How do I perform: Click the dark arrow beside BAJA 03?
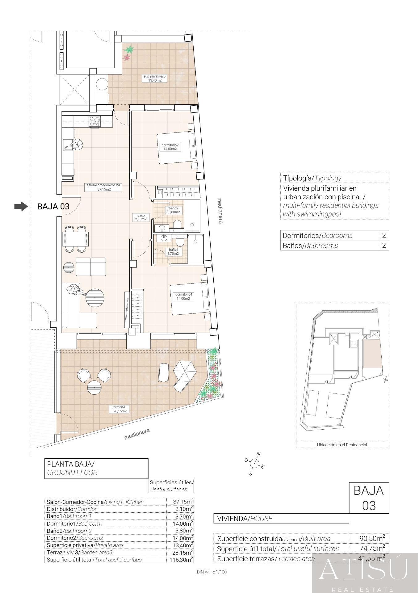click(x=21, y=206)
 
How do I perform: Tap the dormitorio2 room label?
click(x=170, y=147)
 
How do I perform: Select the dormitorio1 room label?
click(x=183, y=296)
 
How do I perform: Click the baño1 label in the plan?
click(x=173, y=252)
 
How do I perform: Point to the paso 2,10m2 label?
click(x=140, y=217)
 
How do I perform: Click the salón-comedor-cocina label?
click(x=103, y=187)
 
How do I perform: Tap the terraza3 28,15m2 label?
click(x=118, y=409)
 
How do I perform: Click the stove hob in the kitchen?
click(x=95, y=121)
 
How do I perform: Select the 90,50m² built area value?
click(x=372, y=538)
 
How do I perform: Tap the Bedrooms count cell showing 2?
click(x=384, y=235)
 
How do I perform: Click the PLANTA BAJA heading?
click(x=70, y=464)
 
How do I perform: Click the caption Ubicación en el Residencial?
click(x=342, y=445)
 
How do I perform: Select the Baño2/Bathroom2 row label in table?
click(x=69, y=531)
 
